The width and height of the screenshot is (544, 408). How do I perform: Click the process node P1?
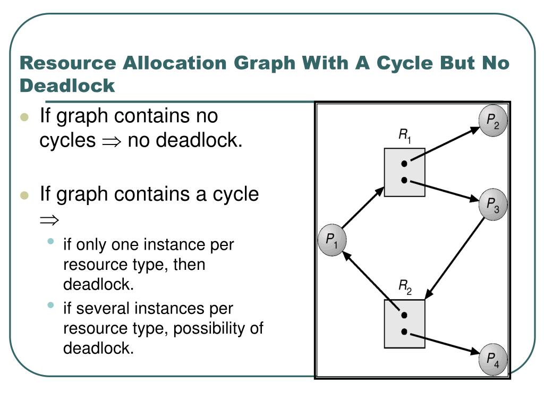(x=332, y=241)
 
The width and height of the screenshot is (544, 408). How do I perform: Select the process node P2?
(x=493, y=122)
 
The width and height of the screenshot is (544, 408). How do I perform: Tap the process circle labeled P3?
(x=493, y=205)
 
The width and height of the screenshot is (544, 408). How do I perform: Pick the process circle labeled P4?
(x=493, y=360)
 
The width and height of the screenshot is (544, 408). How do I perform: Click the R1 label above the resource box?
(x=405, y=137)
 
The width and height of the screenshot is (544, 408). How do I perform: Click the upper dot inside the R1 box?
(x=404, y=164)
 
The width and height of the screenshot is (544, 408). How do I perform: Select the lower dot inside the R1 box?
(x=404, y=181)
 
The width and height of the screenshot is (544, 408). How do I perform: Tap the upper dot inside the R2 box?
(x=404, y=315)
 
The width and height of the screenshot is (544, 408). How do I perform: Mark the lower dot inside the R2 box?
(x=404, y=332)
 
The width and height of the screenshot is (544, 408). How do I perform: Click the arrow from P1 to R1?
(x=363, y=208)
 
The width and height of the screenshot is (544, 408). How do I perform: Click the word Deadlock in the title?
(x=67, y=86)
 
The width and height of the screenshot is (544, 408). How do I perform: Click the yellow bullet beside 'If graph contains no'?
(x=24, y=117)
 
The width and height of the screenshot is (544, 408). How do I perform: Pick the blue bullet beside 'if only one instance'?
(x=51, y=242)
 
